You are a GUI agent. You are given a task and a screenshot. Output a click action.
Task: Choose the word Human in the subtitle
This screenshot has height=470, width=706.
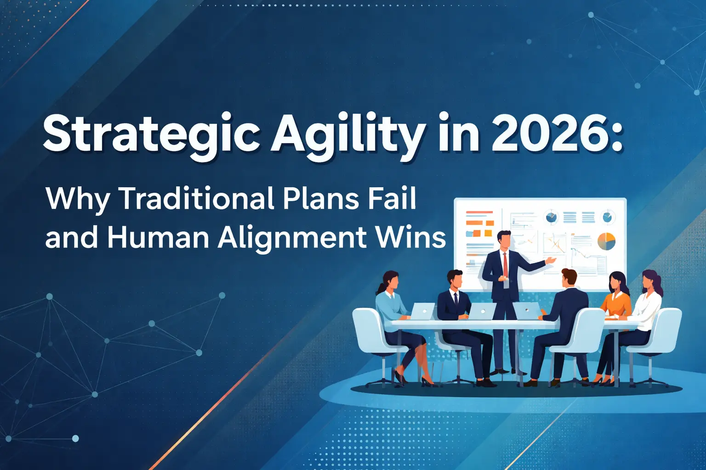[x=158, y=237]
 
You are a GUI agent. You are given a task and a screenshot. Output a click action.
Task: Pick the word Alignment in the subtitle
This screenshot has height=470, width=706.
[x=292, y=237]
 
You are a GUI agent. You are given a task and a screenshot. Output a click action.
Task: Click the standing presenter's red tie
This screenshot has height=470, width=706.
[x=505, y=264]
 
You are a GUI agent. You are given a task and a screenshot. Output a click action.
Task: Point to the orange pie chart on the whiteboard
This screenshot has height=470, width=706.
[x=606, y=241]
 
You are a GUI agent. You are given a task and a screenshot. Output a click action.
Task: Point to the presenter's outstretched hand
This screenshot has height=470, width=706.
[x=550, y=261]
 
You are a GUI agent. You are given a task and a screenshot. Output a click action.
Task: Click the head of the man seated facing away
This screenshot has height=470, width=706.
[x=569, y=277]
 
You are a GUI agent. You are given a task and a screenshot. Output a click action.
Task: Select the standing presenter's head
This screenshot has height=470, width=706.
[x=504, y=240]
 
